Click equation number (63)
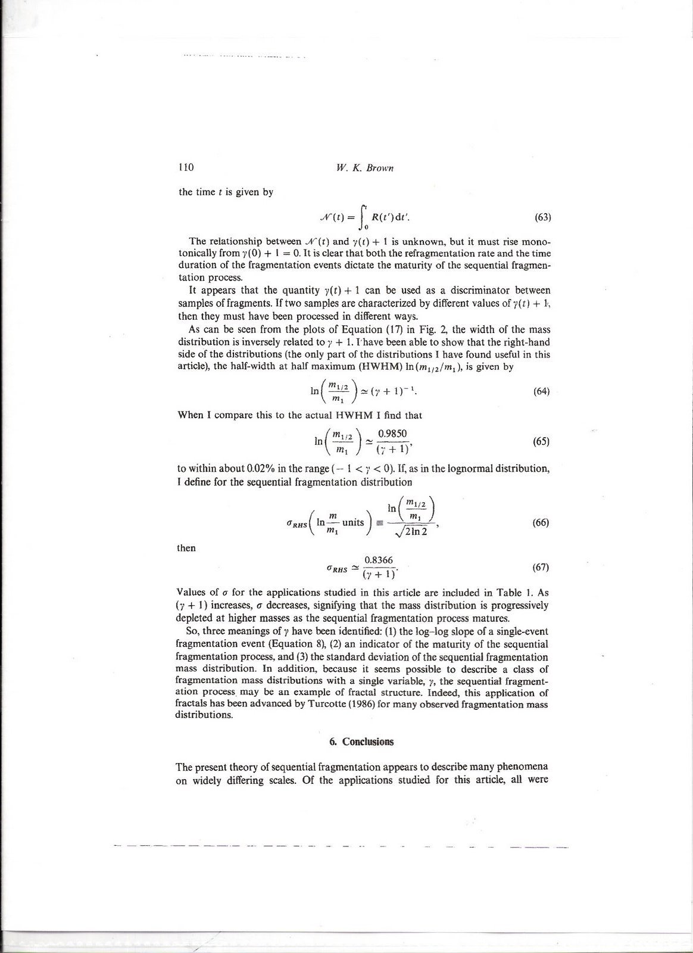tap(542, 217)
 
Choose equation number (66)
tap(541, 522)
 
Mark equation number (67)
tap(541, 567)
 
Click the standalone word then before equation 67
tap(186, 548)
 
